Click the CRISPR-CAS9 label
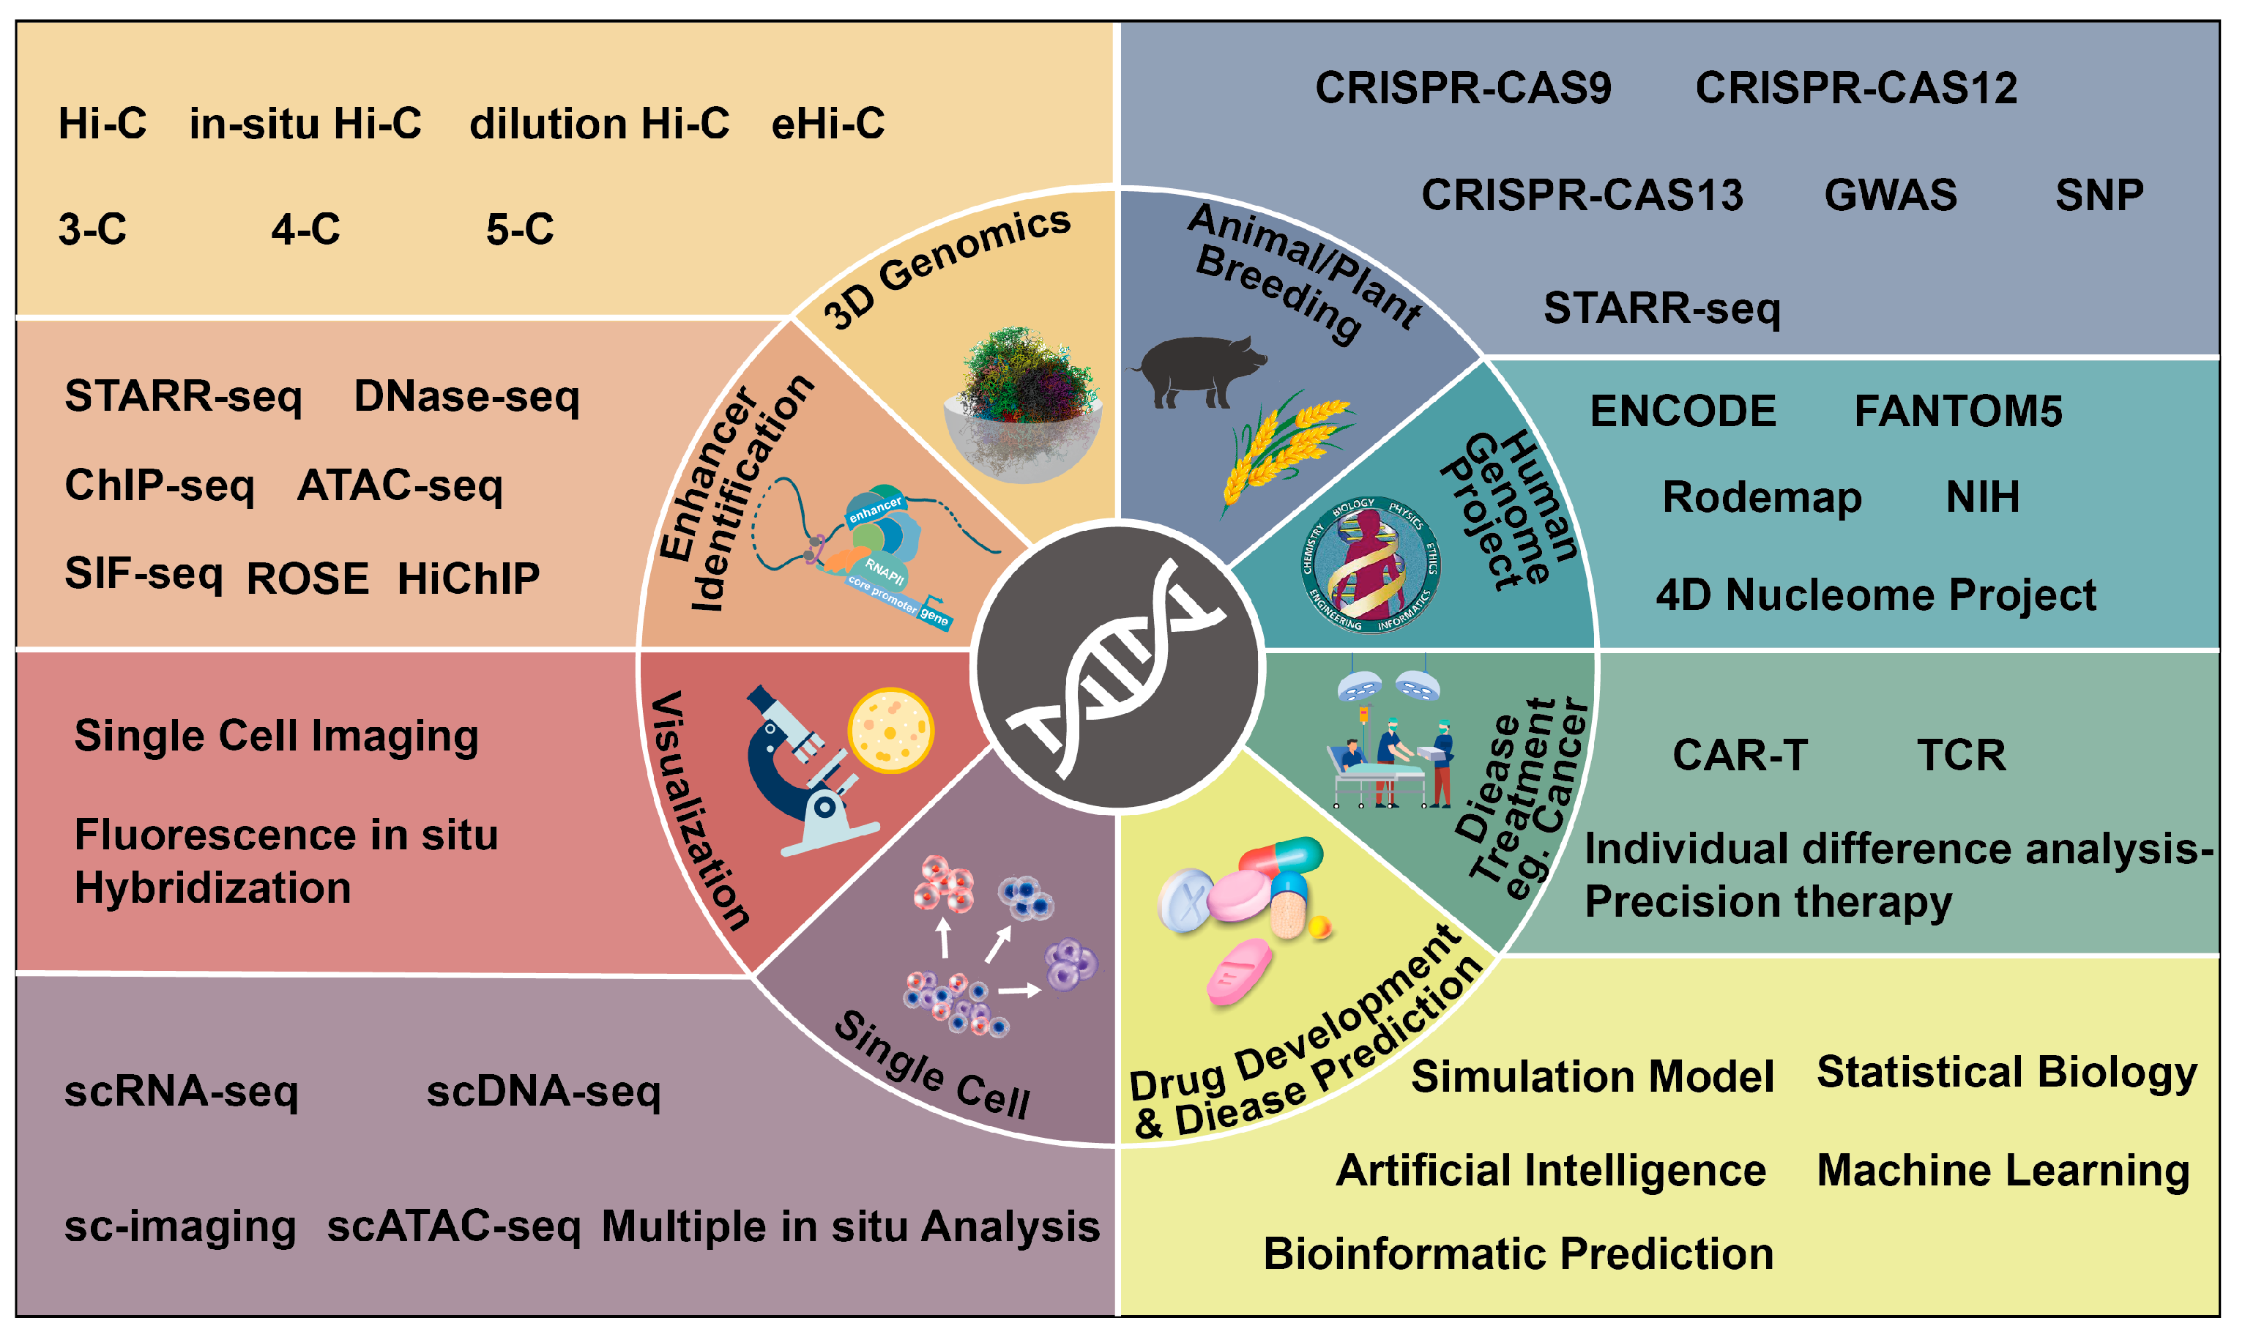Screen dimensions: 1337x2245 [x=1463, y=89]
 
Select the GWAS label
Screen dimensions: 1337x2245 [x=1891, y=195]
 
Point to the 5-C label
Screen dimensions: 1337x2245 [x=520, y=229]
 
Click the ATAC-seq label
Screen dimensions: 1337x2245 [x=400, y=485]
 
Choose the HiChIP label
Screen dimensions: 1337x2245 [x=469, y=578]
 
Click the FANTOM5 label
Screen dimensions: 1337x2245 [x=1958, y=411]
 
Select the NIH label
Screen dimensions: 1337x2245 [x=1983, y=496]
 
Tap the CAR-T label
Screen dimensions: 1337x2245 [x=1740, y=755]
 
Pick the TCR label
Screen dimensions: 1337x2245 [x=1961, y=755]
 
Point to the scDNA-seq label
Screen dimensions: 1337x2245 [x=543, y=1091]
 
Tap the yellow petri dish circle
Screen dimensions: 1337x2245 [x=890, y=731]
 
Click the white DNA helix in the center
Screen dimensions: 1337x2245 [x=1117, y=668]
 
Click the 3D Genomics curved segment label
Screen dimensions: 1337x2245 [x=947, y=267]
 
